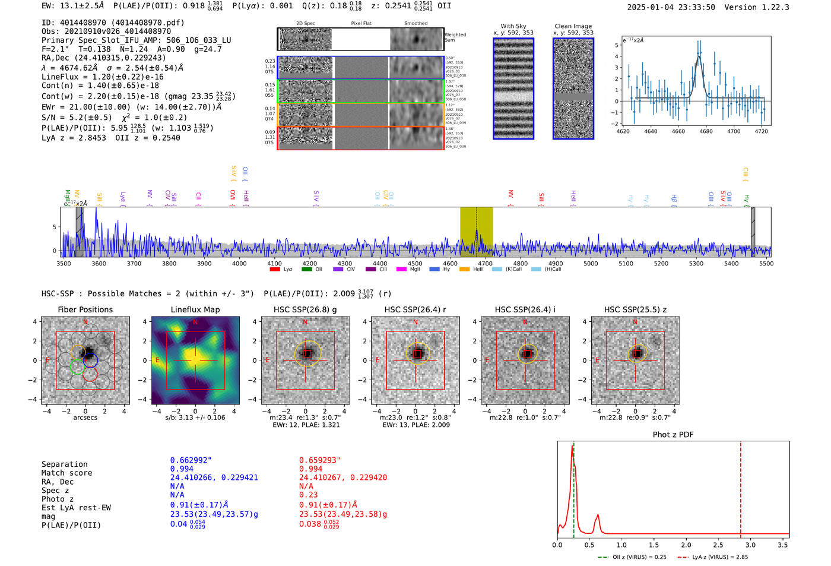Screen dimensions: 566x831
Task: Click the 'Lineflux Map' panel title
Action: tap(195, 309)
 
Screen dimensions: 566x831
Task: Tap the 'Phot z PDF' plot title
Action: tap(673, 435)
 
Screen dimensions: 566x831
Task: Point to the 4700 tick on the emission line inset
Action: tap(734, 131)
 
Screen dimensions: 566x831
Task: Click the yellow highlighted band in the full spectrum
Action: tap(476, 232)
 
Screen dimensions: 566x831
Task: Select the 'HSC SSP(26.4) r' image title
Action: tap(415, 309)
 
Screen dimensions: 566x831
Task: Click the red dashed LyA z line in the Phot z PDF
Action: tap(741, 487)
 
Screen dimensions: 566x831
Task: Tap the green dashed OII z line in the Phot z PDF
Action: tap(574, 487)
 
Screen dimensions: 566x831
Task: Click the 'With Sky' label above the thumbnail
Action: tap(513, 26)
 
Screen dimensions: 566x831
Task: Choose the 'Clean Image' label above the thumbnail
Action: tap(573, 26)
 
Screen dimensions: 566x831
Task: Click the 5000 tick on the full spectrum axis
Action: tap(591, 263)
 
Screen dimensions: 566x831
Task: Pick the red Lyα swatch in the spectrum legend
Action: tap(275, 270)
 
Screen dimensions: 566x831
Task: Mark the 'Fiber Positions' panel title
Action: tap(85, 309)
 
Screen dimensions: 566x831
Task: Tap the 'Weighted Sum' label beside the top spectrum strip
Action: tap(455, 37)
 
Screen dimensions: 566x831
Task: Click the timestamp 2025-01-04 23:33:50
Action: tap(671, 7)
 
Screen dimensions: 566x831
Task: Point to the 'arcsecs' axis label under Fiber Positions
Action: tap(85, 418)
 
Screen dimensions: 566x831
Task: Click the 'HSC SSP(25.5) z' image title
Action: tap(635, 309)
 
